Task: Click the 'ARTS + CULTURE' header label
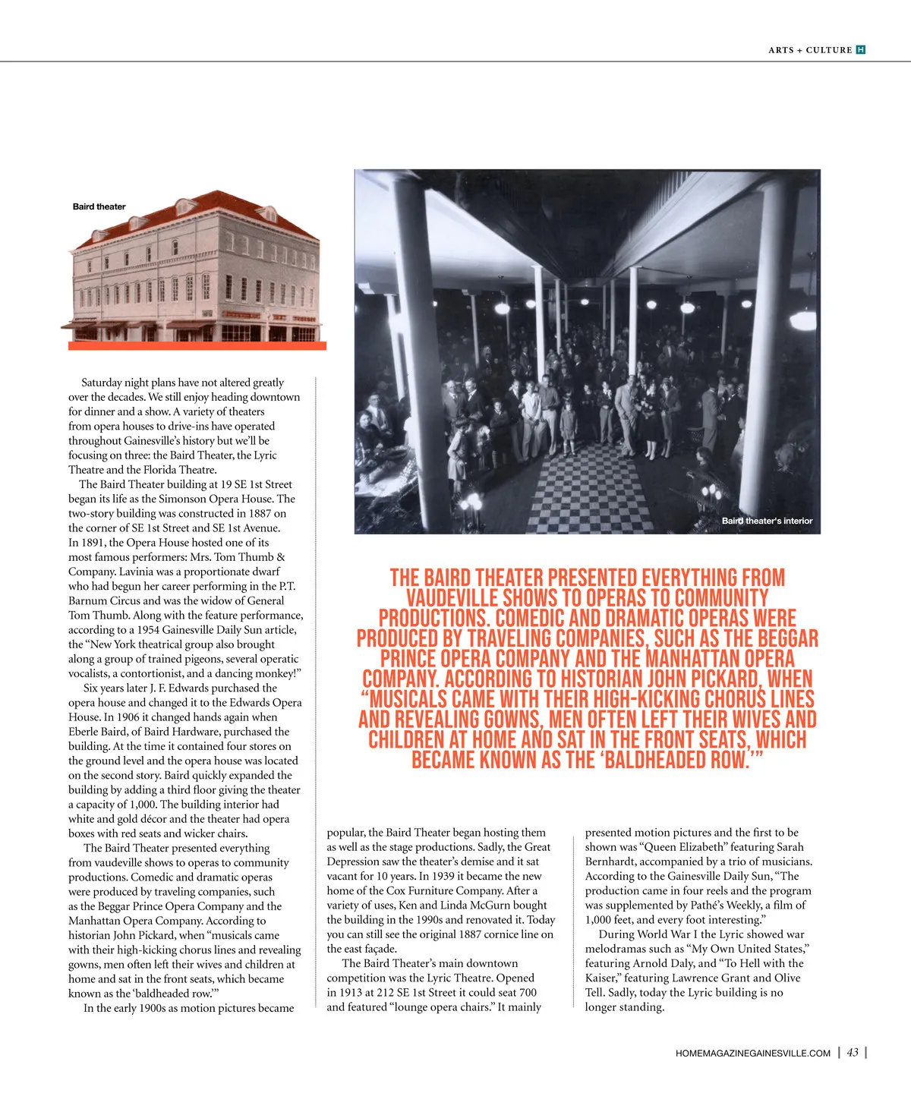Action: click(x=809, y=50)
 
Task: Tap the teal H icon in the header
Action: click(x=860, y=50)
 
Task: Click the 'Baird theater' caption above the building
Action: click(x=99, y=206)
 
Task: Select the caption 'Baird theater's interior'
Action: click(x=767, y=521)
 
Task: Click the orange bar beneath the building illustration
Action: click(x=197, y=346)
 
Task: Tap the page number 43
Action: click(x=853, y=1052)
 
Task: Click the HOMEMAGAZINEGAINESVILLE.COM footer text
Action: click(x=752, y=1053)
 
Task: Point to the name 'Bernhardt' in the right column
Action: click(x=610, y=861)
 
